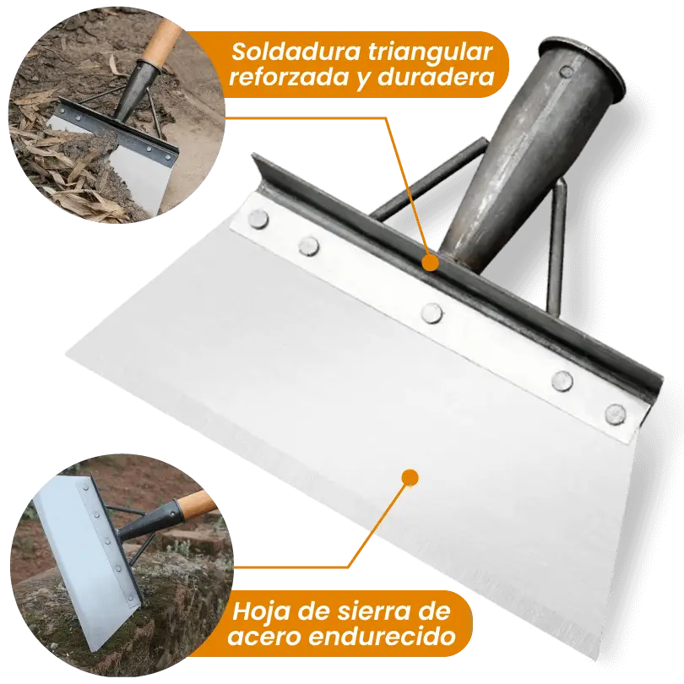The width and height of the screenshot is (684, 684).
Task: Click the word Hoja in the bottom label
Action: point(261,612)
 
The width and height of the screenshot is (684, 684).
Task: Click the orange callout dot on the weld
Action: point(430,263)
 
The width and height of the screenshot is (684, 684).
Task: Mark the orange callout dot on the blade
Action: point(410,478)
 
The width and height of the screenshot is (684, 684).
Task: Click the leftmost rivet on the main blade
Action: point(258,219)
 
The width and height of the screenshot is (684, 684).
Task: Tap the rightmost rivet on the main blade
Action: point(616,414)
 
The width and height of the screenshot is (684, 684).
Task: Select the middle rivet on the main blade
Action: point(432,312)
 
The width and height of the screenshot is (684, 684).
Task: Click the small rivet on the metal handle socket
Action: point(566,72)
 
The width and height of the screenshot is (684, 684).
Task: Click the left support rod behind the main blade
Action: point(430,179)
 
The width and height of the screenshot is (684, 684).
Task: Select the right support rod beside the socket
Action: point(556,244)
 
